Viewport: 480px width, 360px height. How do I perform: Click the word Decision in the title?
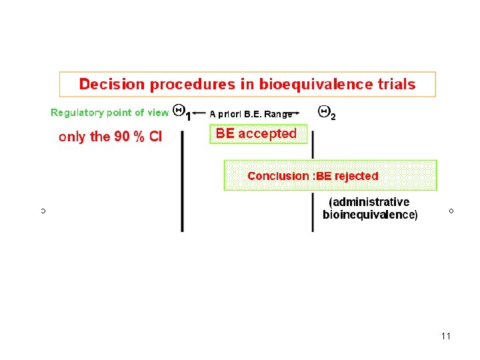click(112, 84)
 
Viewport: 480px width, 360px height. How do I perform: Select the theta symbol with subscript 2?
click(327, 113)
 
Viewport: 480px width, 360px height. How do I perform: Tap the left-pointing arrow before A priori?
click(199, 113)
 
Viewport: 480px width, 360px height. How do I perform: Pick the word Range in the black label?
click(278, 115)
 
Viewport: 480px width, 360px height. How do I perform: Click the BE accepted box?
click(259, 134)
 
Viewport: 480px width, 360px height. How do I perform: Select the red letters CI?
click(155, 137)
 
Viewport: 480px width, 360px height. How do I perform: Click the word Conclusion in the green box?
click(278, 176)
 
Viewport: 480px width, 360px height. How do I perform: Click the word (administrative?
click(369, 202)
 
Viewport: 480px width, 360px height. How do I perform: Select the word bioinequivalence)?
click(370, 214)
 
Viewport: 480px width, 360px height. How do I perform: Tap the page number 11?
click(446, 336)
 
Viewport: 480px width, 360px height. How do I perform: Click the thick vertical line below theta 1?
click(182, 181)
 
